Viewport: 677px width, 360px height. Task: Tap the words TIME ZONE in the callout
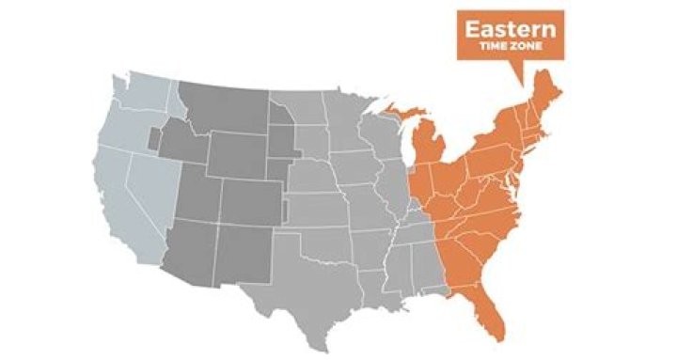511,46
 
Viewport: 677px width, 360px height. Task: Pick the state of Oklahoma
324,240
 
